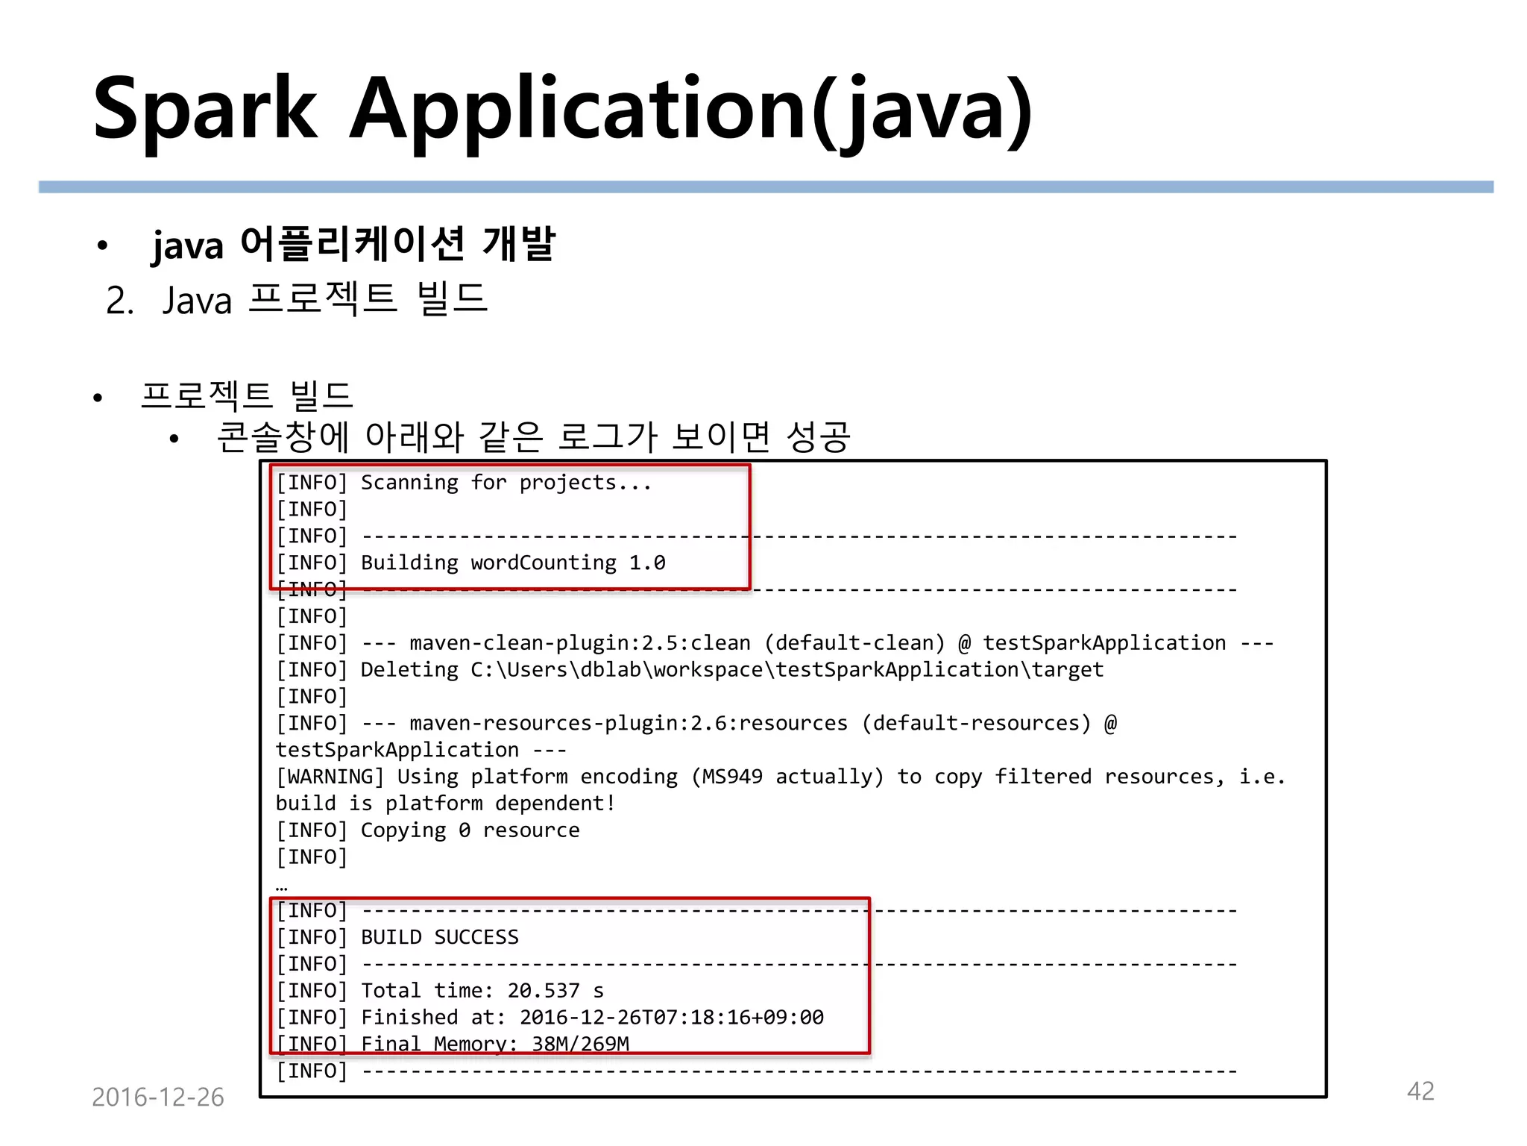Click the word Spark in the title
pos(206,110)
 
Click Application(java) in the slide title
pos(690,110)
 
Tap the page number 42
pos(1420,1091)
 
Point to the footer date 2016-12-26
pos(157,1097)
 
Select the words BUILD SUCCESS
pos(439,937)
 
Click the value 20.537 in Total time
pos(543,991)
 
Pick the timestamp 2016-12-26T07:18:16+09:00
pos(671,1018)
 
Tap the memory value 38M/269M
pos(580,1044)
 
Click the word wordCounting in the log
pos(543,563)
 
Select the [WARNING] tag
pos(330,777)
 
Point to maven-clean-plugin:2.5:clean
pos(580,643)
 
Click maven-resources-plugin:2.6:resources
pos(629,723)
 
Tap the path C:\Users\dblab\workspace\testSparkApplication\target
pos(787,670)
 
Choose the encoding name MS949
pos(732,777)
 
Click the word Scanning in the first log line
pos(409,483)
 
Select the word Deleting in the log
pos(409,670)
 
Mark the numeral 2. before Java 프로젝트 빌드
pos(119,301)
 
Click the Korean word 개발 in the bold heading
pos(519,243)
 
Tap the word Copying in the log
pos(403,830)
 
